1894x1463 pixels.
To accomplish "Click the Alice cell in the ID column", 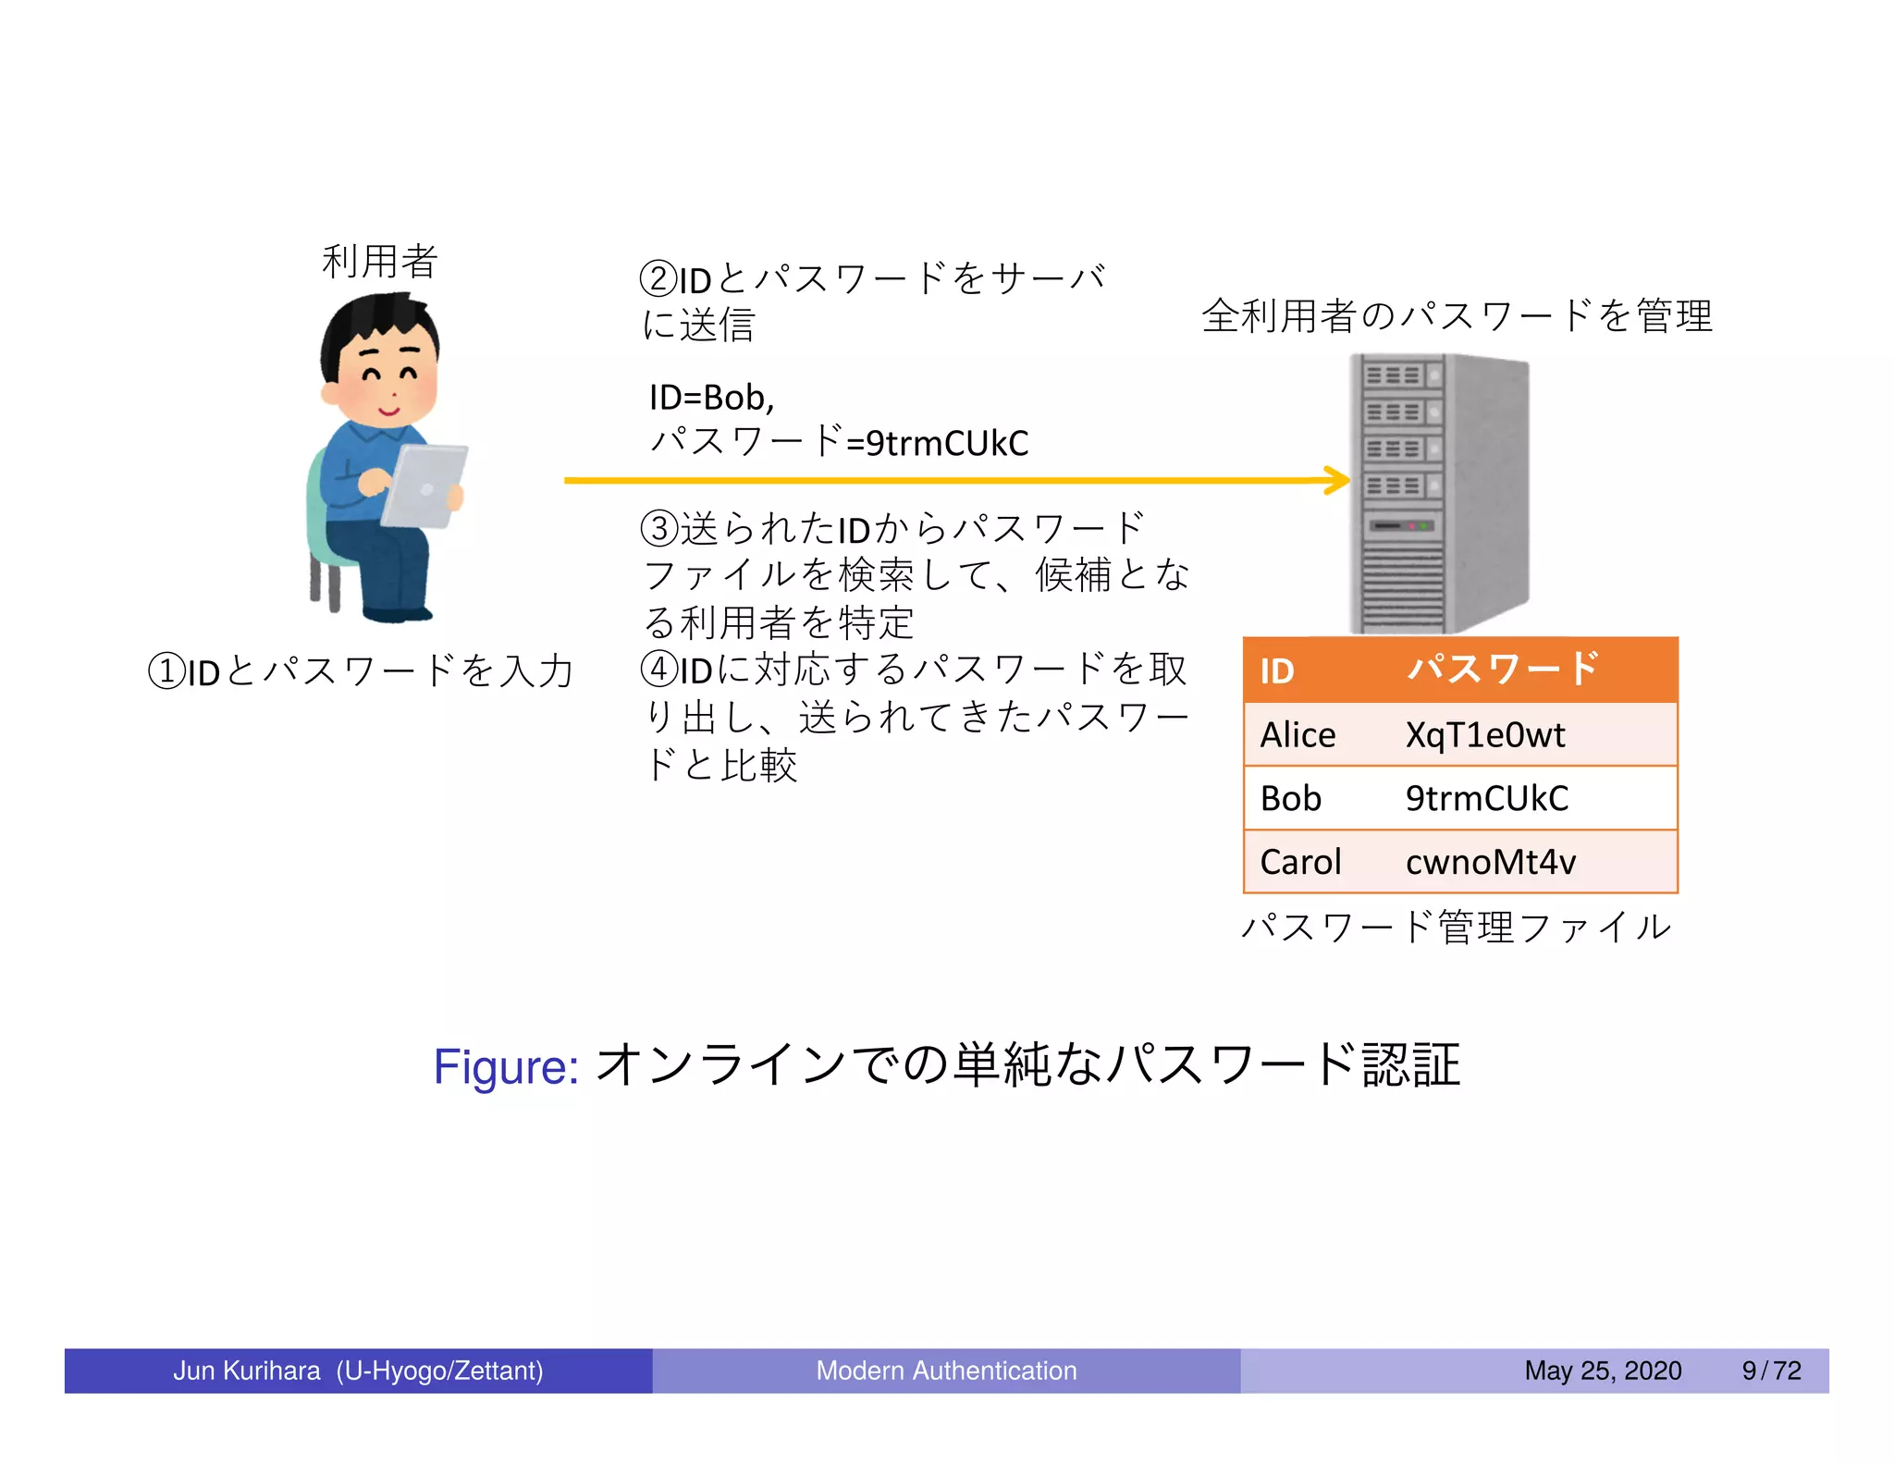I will pyautogui.click(x=1298, y=735).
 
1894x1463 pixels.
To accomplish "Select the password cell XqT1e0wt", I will pyautogui.click(x=1484, y=735).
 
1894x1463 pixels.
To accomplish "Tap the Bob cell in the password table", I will pyautogui.click(x=1291, y=798).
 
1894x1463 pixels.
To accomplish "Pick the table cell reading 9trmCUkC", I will pyautogui.click(x=1486, y=798).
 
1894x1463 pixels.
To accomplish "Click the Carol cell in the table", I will pyautogui.click(x=1300, y=862).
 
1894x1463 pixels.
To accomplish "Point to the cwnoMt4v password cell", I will pyautogui.click(x=1490, y=862).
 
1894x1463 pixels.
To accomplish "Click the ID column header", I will pyautogui.click(x=1277, y=670).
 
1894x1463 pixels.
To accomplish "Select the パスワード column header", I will pyautogui.click(x=1503, y=669).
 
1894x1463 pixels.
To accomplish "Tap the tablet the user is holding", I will pyautogui.click(x=424, y=486).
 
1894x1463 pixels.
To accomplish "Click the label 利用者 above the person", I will pyautogui.click(x=379, y=262).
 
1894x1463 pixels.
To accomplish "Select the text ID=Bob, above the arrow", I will pyautogui.click(x=711, y=398).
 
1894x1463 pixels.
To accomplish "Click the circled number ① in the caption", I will pyautogui.click(x=166, y=671).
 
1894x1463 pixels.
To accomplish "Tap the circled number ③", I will pyautogui.click(x=659, y=529).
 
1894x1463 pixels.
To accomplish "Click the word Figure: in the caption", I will pyautogui.click(x=506, y=1066).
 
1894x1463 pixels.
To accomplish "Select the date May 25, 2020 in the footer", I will pyautogui.click(x=1603, y=1370).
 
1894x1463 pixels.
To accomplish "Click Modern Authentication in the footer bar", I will pyautogui.click(x=946, y=1370).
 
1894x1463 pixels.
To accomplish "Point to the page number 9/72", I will pyautogui.click(x=1771, y=1370).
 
